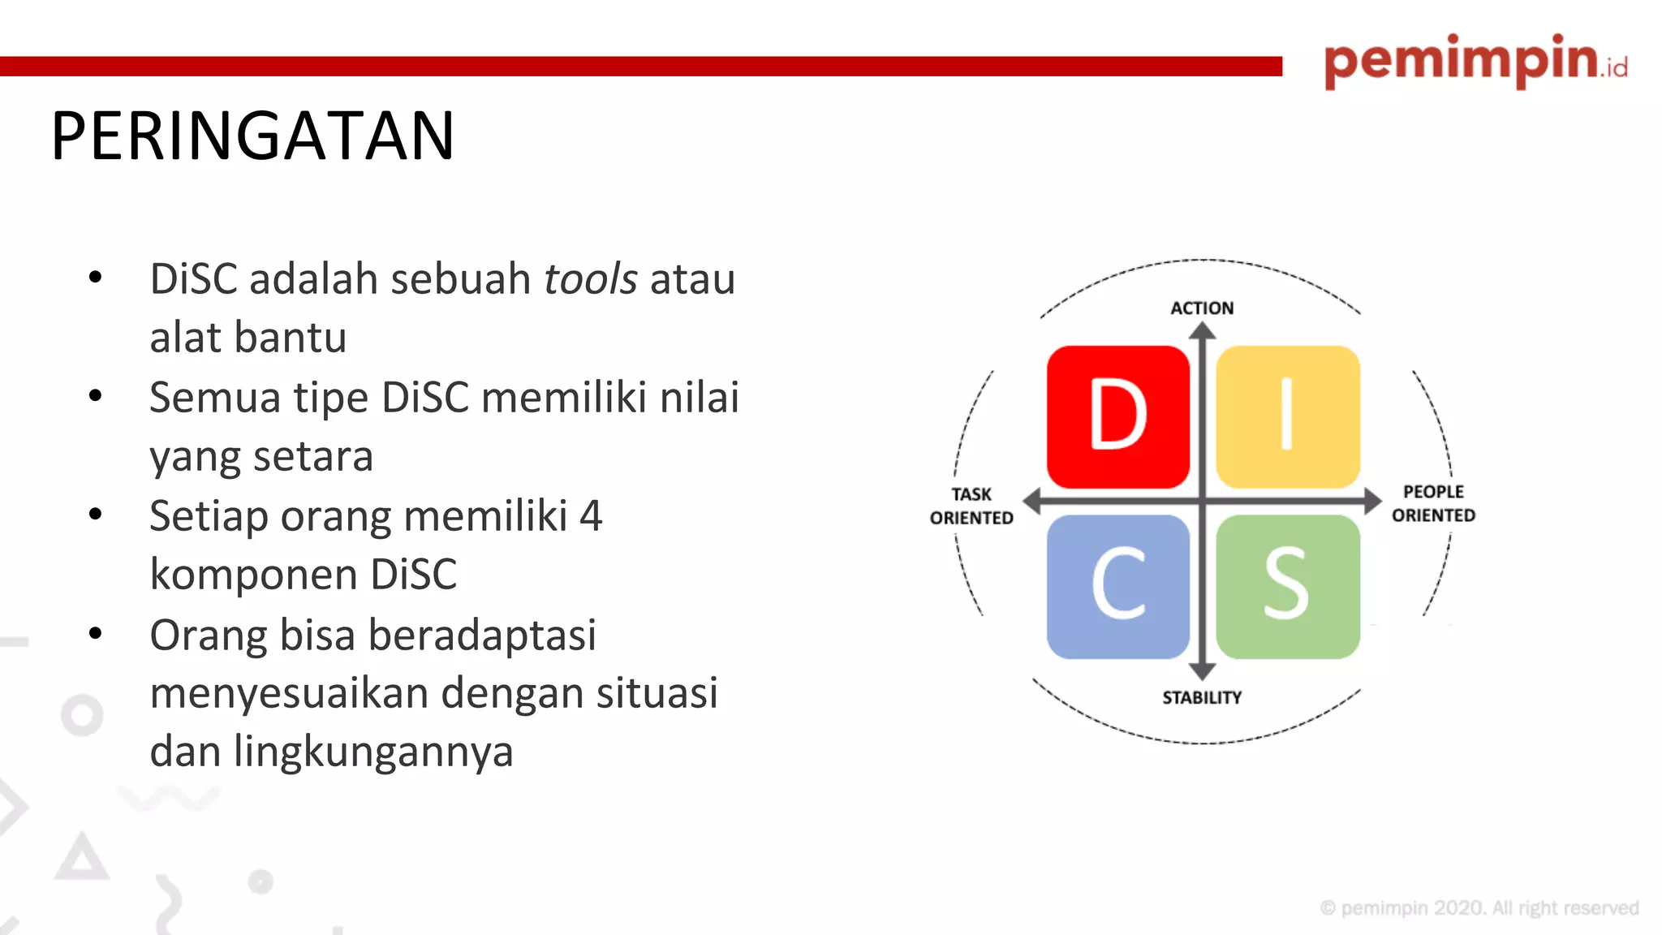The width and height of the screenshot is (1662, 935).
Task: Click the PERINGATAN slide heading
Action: [252, 136]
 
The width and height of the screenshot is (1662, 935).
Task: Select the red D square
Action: [1117, 416]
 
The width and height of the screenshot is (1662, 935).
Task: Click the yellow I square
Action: [1287, 416]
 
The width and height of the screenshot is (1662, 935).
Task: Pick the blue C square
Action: [1117, 586]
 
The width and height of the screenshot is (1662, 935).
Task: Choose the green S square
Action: [1287, 586]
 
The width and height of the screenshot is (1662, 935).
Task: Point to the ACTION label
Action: [1202, 308]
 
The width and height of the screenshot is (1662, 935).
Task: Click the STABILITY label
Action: [1202, 698]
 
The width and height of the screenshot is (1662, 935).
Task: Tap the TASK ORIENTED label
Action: [971, 506]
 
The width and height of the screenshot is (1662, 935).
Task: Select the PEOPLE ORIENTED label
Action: [1433, 503]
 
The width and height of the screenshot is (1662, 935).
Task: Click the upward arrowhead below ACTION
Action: [1202, 331]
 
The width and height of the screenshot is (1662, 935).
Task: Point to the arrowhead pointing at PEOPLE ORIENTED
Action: [1372, 501]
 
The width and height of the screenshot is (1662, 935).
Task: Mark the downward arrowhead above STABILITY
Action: [1202, 671]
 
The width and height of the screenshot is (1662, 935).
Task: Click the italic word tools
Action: [590, 279]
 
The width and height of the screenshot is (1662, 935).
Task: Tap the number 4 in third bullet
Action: [591, 516]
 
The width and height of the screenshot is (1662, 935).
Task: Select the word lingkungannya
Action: [373, 752]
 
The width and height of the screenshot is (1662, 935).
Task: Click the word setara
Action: [312, 456]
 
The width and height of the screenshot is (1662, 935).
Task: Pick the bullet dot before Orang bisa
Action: [96, 633]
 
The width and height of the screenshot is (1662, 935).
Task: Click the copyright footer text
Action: [1479, 908]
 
